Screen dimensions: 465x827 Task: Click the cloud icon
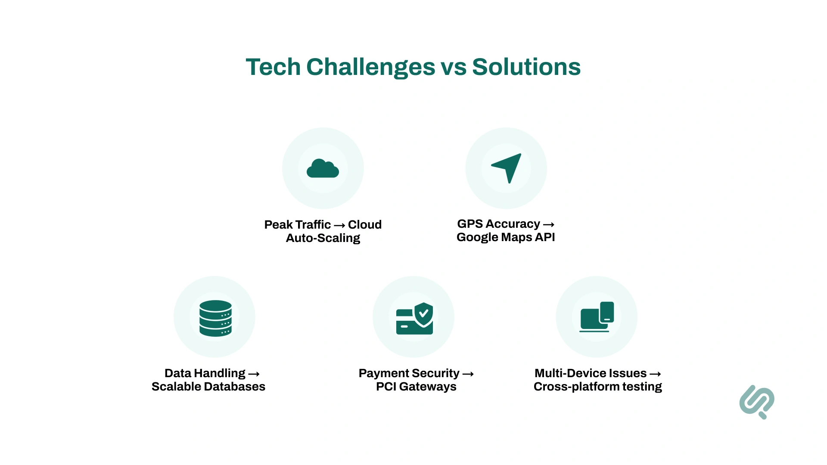pos(323,168)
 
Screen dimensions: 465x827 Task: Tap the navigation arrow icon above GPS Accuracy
pos(507,167)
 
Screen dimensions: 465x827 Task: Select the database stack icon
pos(215,318)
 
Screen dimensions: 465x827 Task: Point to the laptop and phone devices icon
pos(597,317)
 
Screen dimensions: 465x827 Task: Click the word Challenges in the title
pos(371,67)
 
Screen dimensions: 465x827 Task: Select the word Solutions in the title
pos(526,67)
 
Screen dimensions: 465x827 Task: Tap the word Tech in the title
pos(273,67)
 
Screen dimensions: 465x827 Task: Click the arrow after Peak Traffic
pos(339,225)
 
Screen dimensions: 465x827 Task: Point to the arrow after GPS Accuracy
pos(548,224)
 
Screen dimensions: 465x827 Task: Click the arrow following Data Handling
pos(254,374)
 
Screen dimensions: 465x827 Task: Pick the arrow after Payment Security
pos(468,374)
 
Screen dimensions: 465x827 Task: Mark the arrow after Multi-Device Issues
pos(655,374)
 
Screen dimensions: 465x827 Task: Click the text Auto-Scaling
pos(323,238)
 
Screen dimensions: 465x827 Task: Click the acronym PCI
pos(386,387)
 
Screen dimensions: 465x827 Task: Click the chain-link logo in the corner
pos(757,402)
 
